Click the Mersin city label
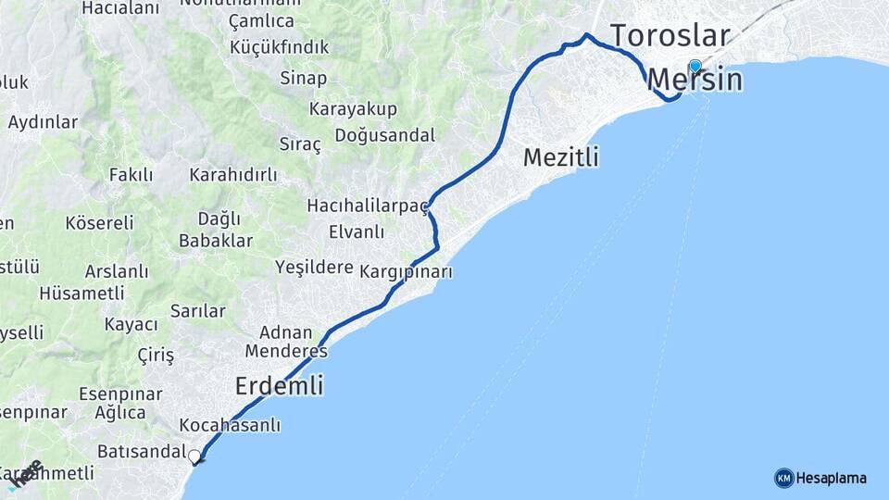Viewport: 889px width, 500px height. tap(695, 81)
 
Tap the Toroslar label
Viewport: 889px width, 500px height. tap(670, 35)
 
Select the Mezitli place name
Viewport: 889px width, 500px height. tap(561, 157)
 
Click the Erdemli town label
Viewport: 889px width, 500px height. tap(280, 385)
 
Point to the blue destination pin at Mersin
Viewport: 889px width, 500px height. tap(695, 66)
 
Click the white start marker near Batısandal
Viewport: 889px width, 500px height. tap(194, 456)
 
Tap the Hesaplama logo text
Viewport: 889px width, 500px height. tap(832, 478)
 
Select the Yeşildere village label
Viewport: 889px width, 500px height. tap(314, 268)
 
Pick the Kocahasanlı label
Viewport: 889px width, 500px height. tap(230, 426)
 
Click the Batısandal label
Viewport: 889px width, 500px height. tap(142, 452)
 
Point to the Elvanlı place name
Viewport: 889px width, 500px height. tap(356, 231)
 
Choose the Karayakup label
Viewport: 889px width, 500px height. tap(353, 109)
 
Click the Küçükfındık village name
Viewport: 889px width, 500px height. tap(292, 47)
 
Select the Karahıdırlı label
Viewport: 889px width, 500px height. tap(233, 175)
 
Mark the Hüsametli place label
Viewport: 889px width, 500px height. tap(81, 293)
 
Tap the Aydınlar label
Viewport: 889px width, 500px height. tap(43, 121)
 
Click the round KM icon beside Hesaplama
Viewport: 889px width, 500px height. tap(784, 478)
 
